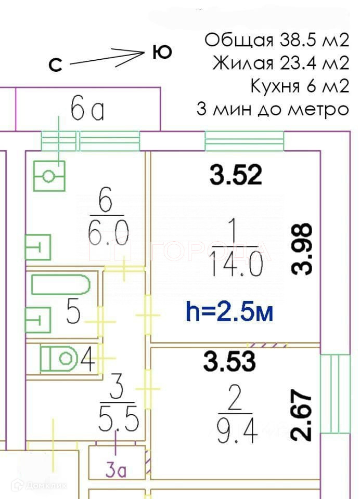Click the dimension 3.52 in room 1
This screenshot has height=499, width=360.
coord(235,175)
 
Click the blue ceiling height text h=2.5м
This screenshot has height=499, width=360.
coord(229,313)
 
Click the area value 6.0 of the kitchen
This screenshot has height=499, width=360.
coord(107,232)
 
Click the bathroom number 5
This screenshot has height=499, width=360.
coord(73,313)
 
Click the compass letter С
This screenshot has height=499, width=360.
coord(55,64)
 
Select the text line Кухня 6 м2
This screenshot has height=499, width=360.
coord(299,86)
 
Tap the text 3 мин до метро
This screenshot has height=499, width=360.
coord(272,109)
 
